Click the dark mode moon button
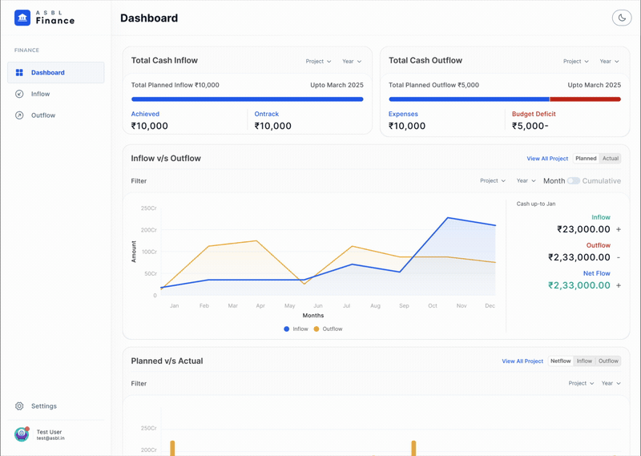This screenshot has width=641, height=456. tap(622, 18)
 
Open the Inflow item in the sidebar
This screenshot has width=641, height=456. tap(40, 94)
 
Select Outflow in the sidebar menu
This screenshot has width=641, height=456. tap(43, 115)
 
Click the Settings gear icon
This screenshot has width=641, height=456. tap(19, 406)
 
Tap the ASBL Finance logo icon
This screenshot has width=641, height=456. tap(22, 18)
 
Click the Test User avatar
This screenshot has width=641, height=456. tap(22, 434)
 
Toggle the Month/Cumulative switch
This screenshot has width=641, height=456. tap(574, 181)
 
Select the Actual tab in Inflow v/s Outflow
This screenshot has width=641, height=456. tap(611, 158)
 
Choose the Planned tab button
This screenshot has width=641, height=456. tap(586, 158)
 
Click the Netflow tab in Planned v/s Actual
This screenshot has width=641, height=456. tap(560, 361)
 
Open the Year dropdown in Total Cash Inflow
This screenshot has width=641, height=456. tap(352, 62)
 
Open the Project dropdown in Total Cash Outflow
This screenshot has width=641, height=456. tap(576, 62)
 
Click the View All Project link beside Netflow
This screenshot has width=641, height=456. tap(522, 361)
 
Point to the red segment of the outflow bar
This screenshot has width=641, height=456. tap(586, 99)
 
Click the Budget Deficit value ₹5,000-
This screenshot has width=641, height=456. tap(530, 126)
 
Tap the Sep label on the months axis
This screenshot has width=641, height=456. tap(404, 306)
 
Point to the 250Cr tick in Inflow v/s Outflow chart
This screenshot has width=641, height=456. tap(149, 208)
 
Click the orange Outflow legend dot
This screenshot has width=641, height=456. tap(316, 329)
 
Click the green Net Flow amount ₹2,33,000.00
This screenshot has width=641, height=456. tap(579, 285)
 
